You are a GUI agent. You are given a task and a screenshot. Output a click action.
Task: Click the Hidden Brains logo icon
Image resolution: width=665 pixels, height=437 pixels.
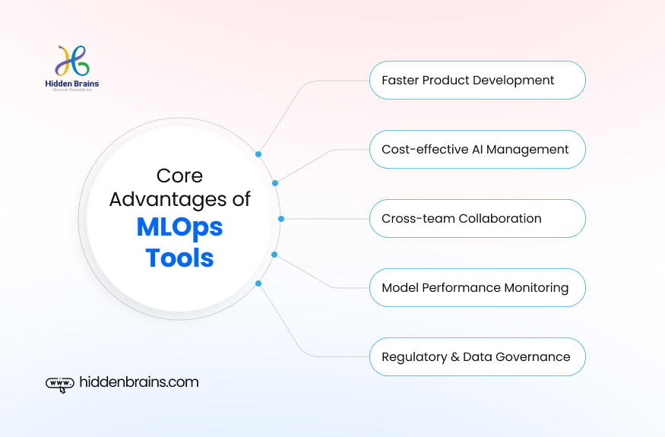click(x=72, y=60)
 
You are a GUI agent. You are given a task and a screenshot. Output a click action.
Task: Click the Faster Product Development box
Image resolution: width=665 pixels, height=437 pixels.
click(x=477, y=81)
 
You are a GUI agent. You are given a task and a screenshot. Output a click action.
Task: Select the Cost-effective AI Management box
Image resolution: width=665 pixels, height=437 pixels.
click(x=477, y=150)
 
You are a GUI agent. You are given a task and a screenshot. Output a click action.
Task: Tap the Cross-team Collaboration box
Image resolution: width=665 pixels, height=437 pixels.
click(x=477, y=219)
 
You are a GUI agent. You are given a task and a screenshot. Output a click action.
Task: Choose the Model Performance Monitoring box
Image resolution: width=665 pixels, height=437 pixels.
click(x=477, y=288)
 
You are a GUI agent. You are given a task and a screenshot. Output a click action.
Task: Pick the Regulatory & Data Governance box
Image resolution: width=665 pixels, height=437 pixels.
click(x=477, y=357)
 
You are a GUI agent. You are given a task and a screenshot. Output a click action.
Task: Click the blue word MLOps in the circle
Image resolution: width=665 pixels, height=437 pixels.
click(x=179, y=227)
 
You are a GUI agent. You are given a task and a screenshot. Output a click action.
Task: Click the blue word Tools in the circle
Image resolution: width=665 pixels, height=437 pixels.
click(x=179, y=258)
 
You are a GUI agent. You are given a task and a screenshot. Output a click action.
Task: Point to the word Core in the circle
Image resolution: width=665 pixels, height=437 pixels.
click(x=179, y=176)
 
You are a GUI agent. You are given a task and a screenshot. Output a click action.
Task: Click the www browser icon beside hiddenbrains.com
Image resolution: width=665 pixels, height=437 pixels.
click(x=60, y=384)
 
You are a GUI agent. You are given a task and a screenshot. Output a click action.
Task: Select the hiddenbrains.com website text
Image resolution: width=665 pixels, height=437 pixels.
click(x=139, y=382)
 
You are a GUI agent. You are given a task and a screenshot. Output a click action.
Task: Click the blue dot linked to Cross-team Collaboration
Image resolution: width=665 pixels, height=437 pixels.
click(x=281, y=219)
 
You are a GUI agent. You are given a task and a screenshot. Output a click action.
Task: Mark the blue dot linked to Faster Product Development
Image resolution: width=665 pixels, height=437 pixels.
click(x=258, y=154)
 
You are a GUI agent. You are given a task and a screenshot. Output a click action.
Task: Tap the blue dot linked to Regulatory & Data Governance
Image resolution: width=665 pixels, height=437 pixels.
click(x=258, y=283)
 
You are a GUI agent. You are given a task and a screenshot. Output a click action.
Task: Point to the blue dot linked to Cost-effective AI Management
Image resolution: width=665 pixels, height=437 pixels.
click(x=275, y=183)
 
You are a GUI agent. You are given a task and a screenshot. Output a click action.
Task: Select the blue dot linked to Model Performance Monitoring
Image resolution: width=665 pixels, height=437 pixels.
click(x=275, y=255)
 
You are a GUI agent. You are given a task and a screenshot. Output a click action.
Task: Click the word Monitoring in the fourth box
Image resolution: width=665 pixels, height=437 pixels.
click(x=535, y=288)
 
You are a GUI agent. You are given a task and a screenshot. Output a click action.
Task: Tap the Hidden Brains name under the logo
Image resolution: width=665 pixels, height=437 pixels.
click(x=72, y=84)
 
